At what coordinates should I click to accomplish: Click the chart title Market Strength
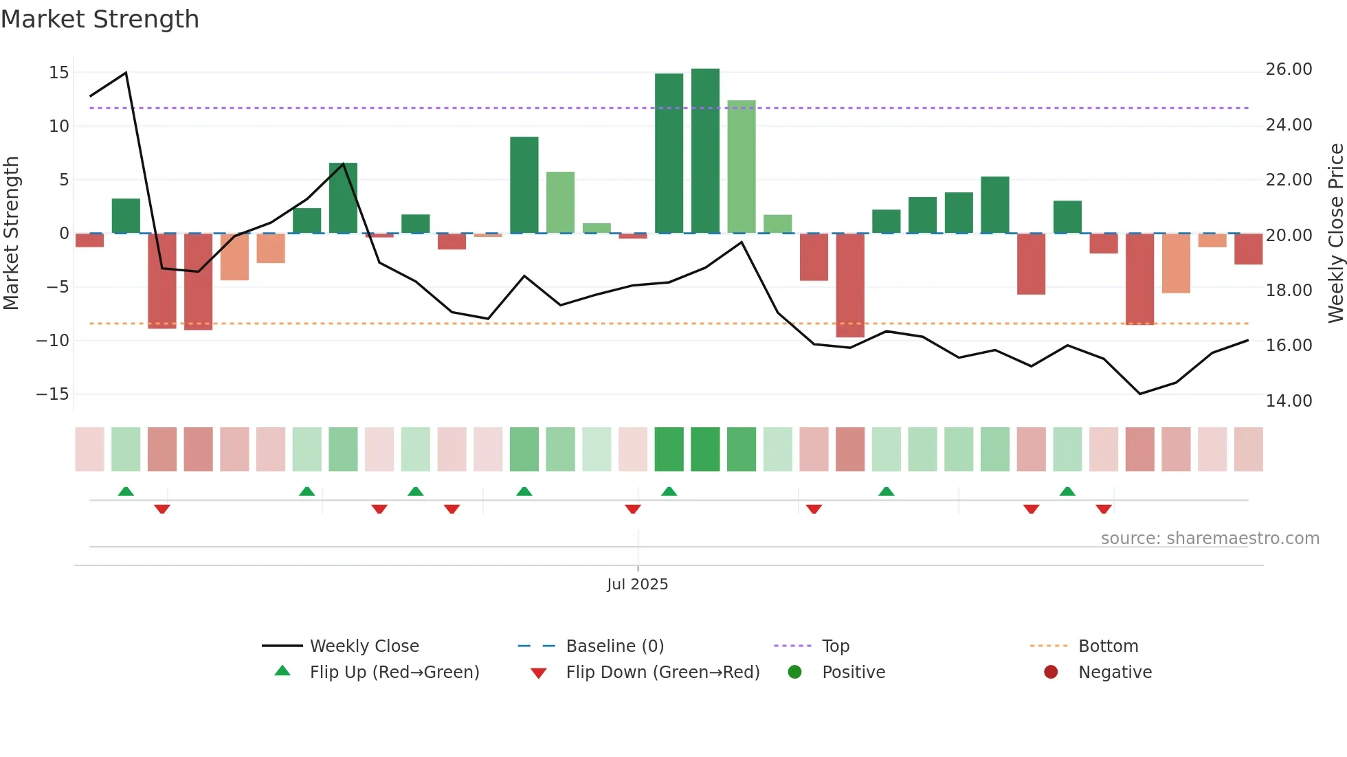tap(100, 19)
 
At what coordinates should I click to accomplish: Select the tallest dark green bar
tap(705, 151)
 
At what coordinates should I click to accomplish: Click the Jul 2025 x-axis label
tap(637, 584)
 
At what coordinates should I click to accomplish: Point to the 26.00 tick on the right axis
tap(1289, 69)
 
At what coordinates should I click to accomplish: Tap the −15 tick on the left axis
tap(53, 394)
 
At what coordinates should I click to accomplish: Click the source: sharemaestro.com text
tap(1210, 539)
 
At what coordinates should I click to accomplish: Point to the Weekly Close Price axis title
tap(1335, 234)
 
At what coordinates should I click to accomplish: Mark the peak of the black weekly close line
tap(126, 73)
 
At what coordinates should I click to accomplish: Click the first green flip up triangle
tap(126, 492)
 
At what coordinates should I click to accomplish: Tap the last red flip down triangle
tap(1104, 509)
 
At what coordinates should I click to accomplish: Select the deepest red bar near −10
tap(850, 286)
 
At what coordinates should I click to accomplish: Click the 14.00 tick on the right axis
tap(1289, 401)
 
